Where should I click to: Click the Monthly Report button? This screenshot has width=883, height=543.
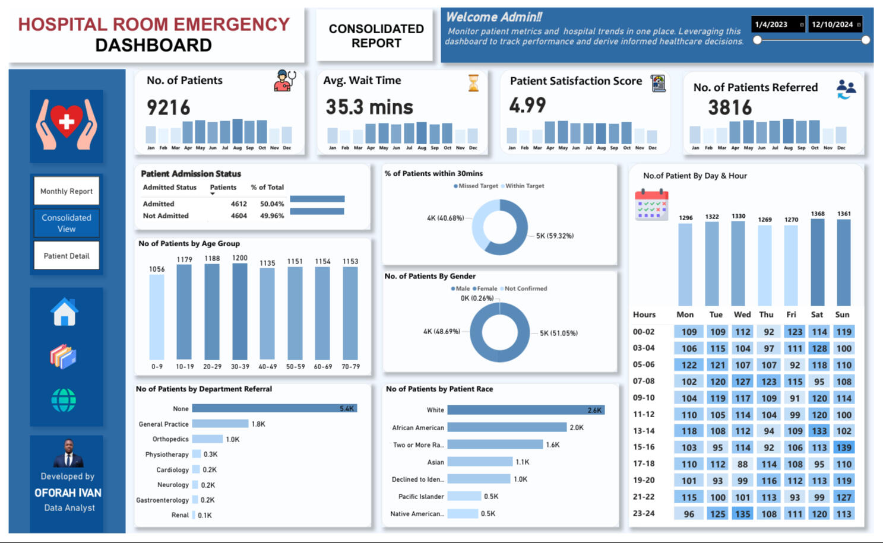(67, 191)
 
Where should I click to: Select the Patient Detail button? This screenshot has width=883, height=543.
(67, 256)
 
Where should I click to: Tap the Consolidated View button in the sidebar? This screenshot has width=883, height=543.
(67, 223)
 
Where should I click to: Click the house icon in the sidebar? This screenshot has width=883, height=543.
(64, 313)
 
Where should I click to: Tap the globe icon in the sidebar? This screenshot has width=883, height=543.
(64, 401)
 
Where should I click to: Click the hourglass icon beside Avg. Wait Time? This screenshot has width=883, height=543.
(473, 83)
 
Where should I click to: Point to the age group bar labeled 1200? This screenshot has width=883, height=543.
(240, 312)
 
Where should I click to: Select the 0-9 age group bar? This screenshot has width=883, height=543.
(157, 317)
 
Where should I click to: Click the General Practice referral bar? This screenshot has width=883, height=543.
(220, 424)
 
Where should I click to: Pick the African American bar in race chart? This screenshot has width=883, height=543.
(507, 427)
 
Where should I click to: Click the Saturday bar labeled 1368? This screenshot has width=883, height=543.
(818, 262)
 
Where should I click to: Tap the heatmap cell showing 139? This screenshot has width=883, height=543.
(843, 447)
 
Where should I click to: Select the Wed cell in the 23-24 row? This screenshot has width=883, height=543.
(742, 514)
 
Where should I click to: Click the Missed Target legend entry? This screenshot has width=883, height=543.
(476, 186)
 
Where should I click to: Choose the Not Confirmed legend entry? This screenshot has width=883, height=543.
(524, 288)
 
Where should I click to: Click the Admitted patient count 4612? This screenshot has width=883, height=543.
(239, 204)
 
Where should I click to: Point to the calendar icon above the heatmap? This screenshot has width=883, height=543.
(651, 205)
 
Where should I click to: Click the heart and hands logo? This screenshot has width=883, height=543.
(67, 125)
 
